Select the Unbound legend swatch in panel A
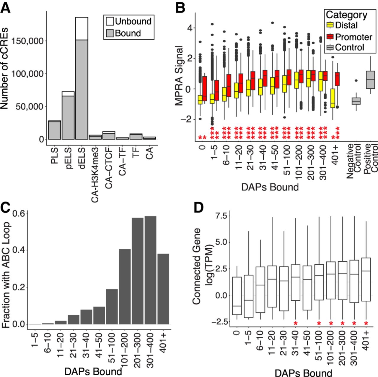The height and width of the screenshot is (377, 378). point(110,21)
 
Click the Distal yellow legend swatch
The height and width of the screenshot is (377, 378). point(330,25)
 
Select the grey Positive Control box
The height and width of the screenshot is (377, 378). point(370,80)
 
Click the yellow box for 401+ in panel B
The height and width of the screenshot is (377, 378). point(333,98)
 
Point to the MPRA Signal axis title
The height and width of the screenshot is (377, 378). point(180,75)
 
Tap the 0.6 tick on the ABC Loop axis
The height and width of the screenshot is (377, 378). point(21,213)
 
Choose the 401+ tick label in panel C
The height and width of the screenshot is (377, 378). point(163,342)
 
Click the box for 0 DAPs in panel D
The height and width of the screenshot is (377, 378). point(237,296)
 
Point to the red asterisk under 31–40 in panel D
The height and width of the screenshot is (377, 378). point(296,323)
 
